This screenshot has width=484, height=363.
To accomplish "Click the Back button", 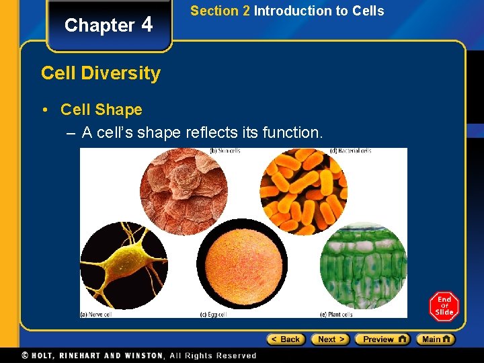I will point(286,339).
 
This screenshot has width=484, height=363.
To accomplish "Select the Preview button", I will point(382,339).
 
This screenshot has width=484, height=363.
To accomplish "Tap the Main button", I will point(435,339).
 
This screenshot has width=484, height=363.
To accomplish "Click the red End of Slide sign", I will point(444,307).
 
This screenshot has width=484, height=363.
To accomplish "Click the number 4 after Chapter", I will point(147,25).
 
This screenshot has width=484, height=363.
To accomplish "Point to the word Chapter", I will point(99,26).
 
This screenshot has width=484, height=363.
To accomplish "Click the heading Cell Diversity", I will point(101,73).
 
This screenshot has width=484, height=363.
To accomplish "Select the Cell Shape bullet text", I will point(101,110).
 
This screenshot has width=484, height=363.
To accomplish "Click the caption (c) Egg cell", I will point(218,314).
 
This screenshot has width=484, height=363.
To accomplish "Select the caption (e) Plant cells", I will point(337,314).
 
